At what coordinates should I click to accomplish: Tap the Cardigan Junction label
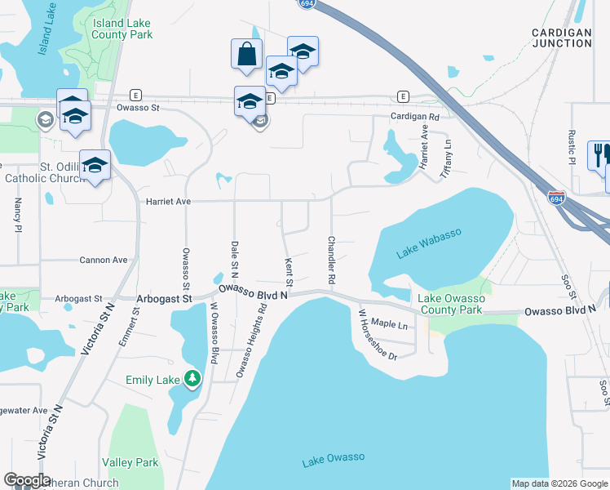561,37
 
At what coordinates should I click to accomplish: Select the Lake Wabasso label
429,243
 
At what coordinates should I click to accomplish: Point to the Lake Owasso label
333,460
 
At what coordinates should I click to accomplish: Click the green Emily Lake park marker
192,378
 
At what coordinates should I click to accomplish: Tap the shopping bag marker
246,55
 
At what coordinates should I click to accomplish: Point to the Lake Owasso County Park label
451,304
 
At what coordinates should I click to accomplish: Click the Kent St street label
289,272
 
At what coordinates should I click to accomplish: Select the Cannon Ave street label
104,260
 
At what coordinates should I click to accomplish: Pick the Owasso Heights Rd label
251,341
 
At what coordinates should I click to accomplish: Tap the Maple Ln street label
389,324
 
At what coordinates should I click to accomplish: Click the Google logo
27,480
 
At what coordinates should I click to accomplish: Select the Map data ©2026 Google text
559,483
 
